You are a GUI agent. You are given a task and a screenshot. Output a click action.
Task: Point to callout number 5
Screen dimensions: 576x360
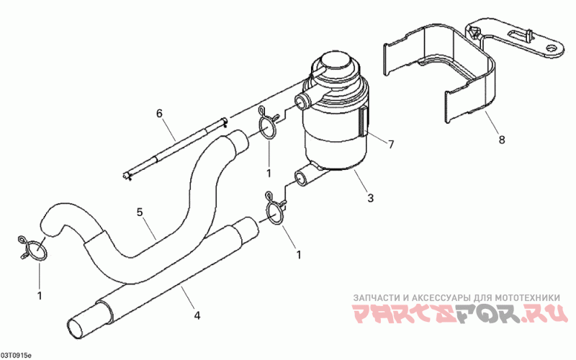click(x=140, y=212)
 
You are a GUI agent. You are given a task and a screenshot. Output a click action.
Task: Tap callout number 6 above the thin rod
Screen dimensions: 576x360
click(x=159, y=113)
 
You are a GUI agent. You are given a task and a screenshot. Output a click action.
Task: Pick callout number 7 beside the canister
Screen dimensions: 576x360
click(x=391, y=145)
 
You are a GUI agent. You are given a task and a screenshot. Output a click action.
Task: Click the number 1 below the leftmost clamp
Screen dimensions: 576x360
click(x=40, y=294)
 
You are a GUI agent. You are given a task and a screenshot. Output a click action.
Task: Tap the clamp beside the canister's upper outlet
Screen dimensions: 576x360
click(x=267, y=126)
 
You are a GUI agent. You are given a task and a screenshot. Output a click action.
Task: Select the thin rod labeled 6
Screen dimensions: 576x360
click(x=176, y=148)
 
